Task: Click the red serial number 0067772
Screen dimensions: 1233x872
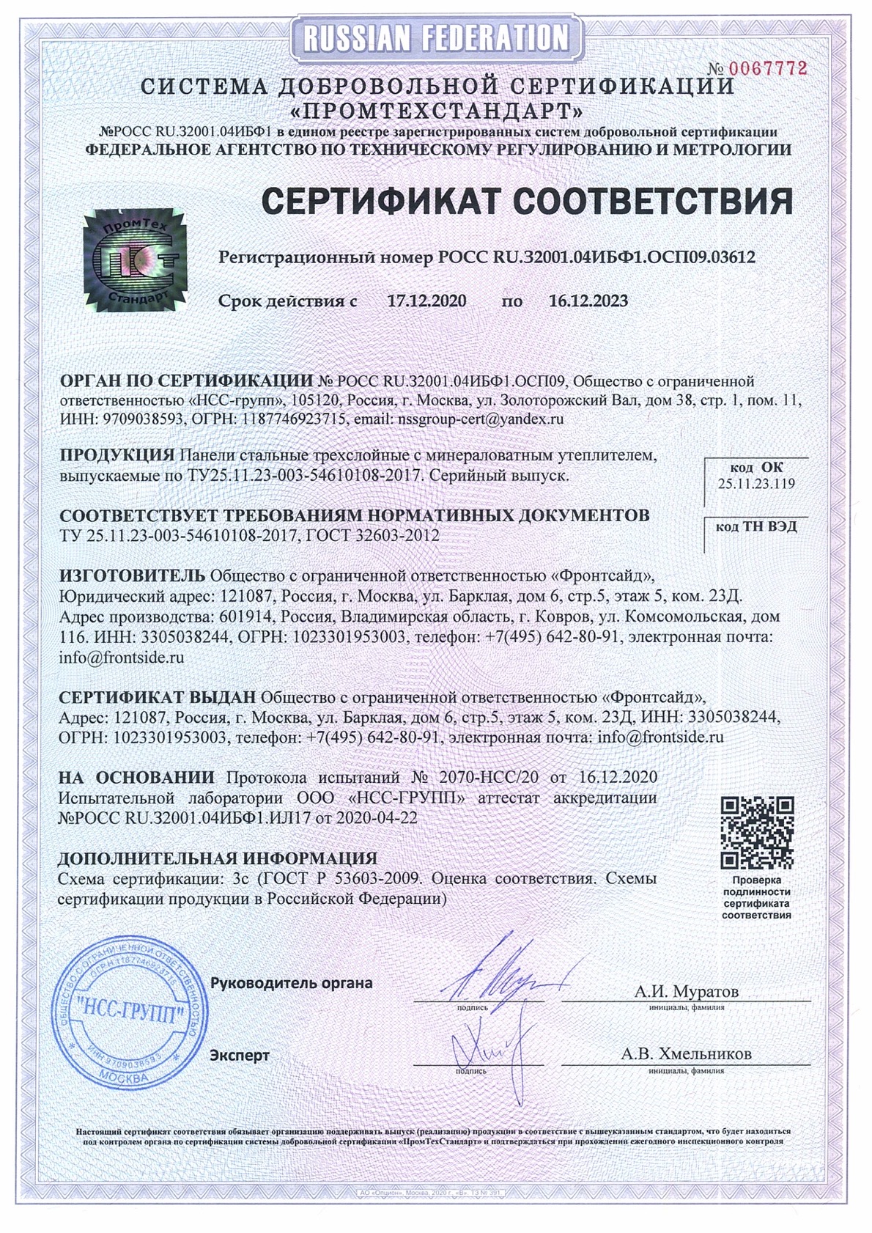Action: (x=767, y=69)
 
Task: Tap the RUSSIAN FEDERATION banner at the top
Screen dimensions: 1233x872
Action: (x=436, y=37)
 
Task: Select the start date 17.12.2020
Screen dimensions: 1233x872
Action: (x=426, y=301)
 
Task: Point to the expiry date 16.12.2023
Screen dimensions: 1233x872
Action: (x=588, y=301)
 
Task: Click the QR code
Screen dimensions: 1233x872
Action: (x=757, y=833)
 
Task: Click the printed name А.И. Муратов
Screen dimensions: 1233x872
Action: (x=687, y=992)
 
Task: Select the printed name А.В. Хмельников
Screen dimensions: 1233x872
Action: (x=686, y=1054)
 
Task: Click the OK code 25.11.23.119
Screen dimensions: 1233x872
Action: (x=756, y=484)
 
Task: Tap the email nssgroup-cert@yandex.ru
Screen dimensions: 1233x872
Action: (x=479, y=420)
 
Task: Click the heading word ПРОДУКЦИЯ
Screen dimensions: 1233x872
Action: (x=117, y=455)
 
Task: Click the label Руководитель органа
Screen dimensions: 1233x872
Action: (x=291, y=983)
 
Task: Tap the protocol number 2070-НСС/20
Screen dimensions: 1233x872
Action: (x=488, y=777)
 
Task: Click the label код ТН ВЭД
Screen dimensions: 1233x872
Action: (x=756, y=526)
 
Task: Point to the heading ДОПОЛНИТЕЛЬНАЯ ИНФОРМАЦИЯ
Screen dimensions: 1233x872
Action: (x=218, y=858)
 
